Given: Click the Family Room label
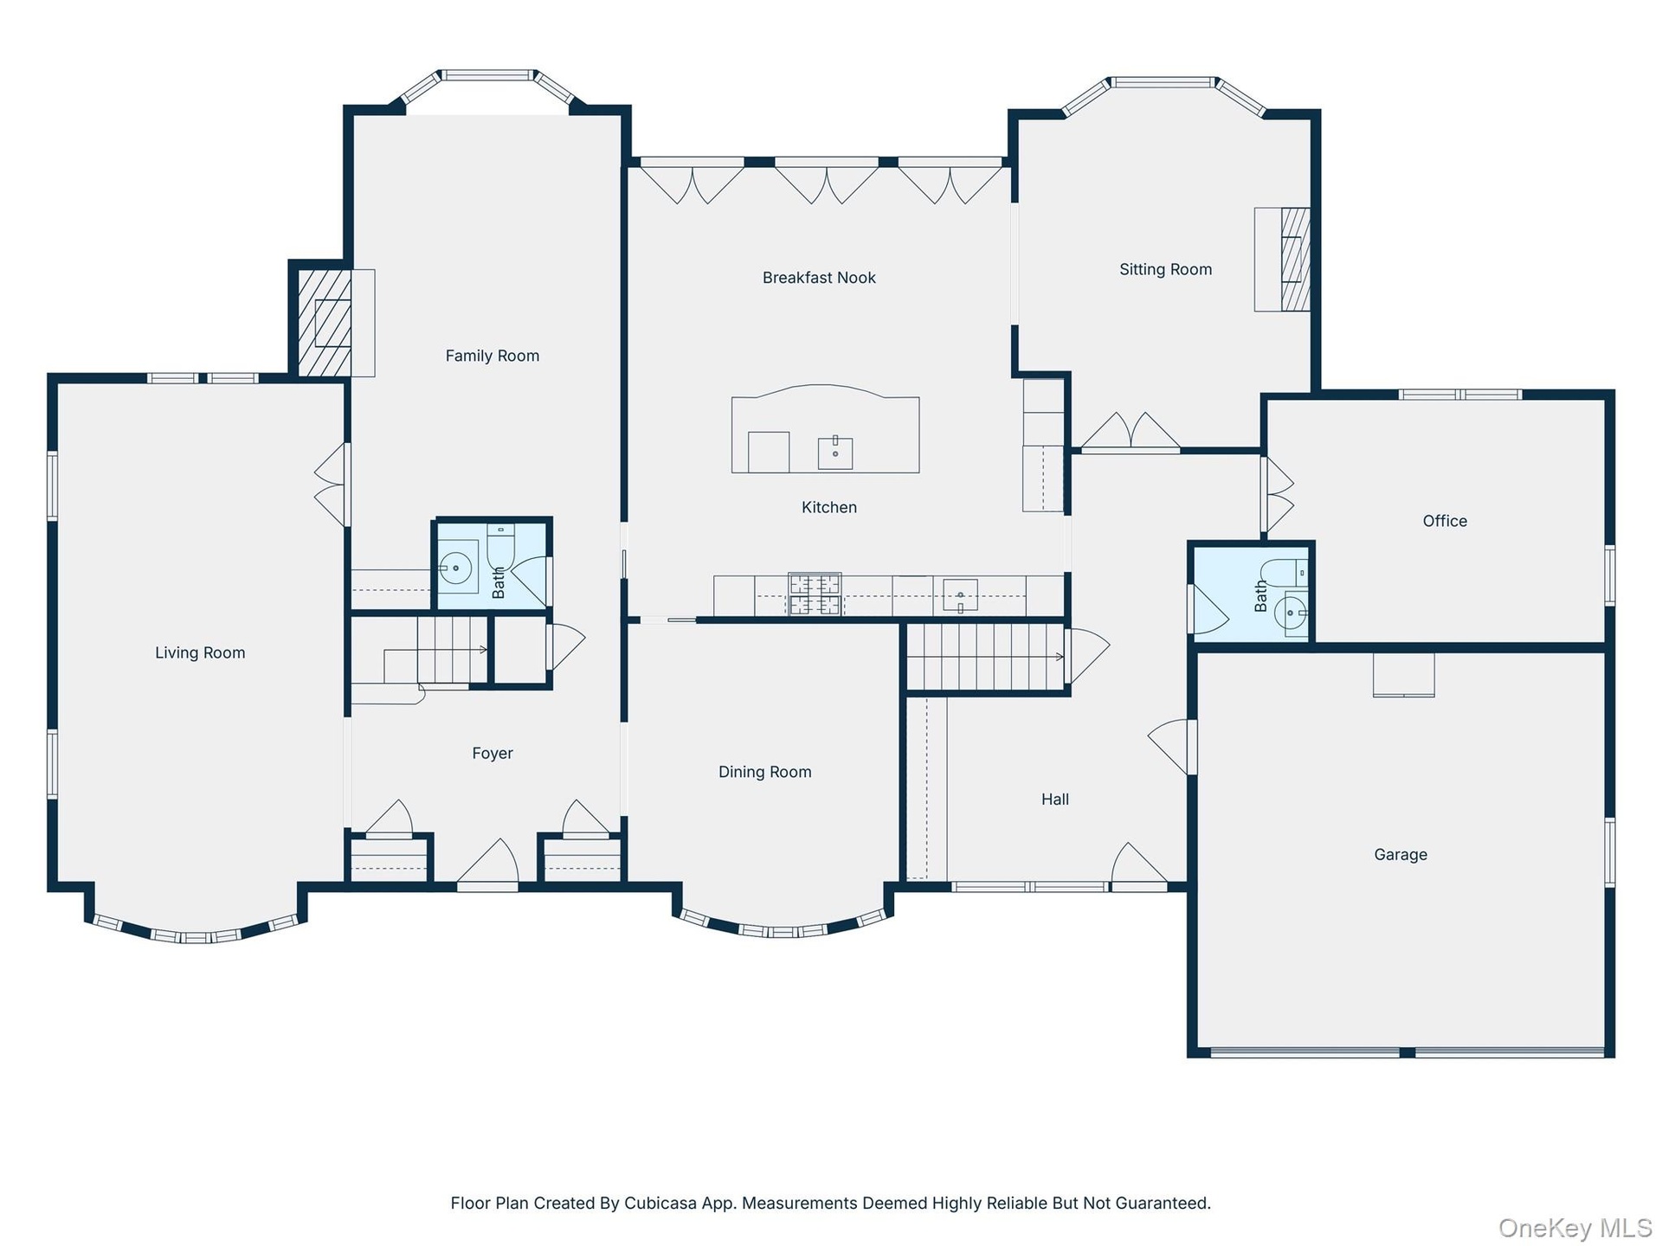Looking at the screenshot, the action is [x=492, y=356].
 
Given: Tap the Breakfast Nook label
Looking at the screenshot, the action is [x=819, y=278].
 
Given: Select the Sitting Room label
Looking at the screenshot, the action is [x=1165, y=269].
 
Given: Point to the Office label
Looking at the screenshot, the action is [x=1445, y=521].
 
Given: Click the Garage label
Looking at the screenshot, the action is [x=1400, y=855].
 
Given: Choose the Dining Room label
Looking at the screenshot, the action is [x=764, y=772].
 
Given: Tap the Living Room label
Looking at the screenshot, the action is [x=200, y=653].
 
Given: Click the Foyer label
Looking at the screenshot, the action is [x=493, y=754].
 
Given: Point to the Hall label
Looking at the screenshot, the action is [x=1054, y=800].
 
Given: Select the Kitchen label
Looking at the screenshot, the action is [x=828, y=508].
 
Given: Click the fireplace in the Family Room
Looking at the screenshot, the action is [x=325, y=323].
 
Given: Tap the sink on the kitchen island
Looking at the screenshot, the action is [x=834, y=452].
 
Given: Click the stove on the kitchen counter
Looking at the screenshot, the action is [x=815, y=594].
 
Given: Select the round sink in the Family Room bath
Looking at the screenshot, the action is [x=455, y=568].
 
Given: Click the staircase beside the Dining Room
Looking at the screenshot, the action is [x=985, y=657].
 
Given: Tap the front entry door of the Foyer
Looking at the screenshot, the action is [x=487, y=865].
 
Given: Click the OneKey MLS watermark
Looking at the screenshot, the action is [x=1575, y=1227].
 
